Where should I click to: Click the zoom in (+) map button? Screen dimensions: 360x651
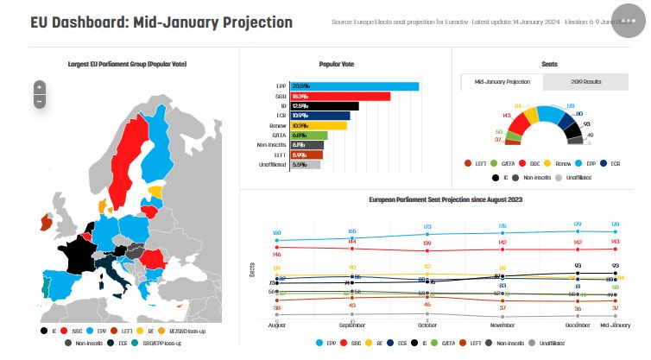[x=39, y=87]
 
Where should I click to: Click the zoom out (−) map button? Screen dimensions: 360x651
[x=39, y=102]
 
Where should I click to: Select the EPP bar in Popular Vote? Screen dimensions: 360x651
[x=353, y=86]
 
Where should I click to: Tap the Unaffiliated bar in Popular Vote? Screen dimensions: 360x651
[x=304, y=164]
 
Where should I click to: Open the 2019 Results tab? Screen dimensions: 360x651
[x=586, y=82]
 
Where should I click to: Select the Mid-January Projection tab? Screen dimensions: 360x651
[x=502, y=82]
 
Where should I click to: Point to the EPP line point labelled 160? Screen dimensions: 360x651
[x=277, y=240]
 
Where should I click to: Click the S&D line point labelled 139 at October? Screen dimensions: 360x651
[x=428, y=249]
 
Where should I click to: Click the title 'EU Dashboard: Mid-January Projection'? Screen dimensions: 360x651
[x=161, y=22]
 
